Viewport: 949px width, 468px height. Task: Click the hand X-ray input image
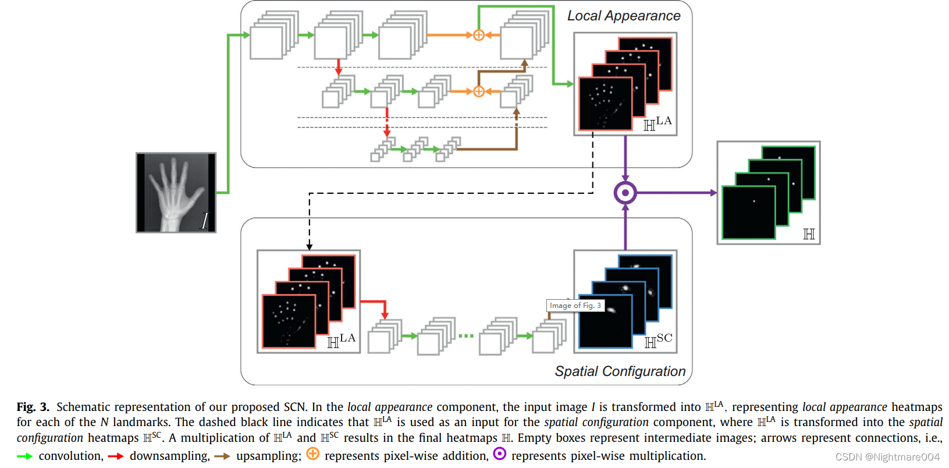tap(175, 192)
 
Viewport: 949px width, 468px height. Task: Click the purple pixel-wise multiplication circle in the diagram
tap(625, 193)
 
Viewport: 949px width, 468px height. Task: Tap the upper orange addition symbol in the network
tap(478, 35)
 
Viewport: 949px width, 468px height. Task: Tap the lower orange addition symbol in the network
tap(478, 91)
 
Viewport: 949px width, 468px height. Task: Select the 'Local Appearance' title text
tap(624, 16)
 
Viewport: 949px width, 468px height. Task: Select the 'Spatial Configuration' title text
tap(620, 371)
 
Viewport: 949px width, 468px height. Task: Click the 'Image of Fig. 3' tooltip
tap(575, 306)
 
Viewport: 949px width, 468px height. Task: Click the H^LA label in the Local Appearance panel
tap(657, 123)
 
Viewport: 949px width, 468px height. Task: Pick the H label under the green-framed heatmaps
tap(809, 234)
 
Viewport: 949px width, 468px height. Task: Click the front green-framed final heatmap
tap(748, 213)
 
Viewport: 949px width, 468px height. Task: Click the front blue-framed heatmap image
tap(606, 321)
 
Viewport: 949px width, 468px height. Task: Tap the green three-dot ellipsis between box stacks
tap(466, 336)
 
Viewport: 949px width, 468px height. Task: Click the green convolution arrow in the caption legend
tap(24, 456)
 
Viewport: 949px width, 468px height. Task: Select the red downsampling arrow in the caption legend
tap(116, 456)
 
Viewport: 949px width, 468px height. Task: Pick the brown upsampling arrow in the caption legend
tap(222, 456)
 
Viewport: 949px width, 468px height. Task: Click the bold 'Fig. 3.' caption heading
tap(33, 407)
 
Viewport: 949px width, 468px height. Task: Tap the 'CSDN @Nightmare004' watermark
tap(887, 457)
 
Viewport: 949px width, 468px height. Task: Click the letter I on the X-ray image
tap(204, 221)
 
